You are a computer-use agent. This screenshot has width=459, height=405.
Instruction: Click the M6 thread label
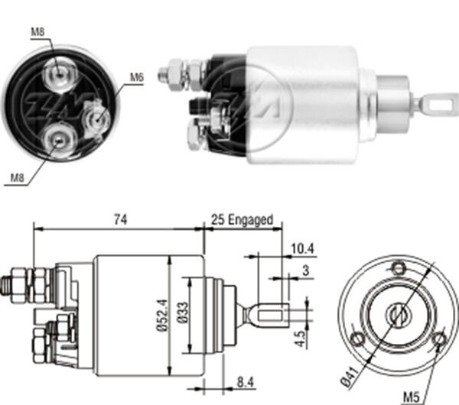click(137, 76)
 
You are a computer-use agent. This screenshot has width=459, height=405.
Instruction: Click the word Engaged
click(249, 220)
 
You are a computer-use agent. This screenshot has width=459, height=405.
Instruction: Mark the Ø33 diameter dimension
click(184, 314)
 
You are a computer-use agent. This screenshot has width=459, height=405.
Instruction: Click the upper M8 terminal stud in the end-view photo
click(57, 73)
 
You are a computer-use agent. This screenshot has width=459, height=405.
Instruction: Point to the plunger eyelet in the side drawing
click(275, 314)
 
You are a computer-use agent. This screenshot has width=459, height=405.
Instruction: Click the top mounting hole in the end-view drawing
click(398, 267)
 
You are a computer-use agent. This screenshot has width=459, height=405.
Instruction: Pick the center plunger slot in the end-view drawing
click(398, 313)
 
